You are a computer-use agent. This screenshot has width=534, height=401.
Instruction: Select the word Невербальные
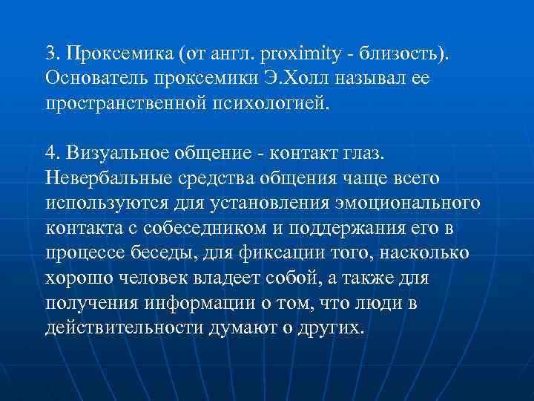click(x=108, y=179)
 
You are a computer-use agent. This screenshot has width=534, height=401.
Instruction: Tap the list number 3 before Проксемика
click(x=50, y=53)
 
